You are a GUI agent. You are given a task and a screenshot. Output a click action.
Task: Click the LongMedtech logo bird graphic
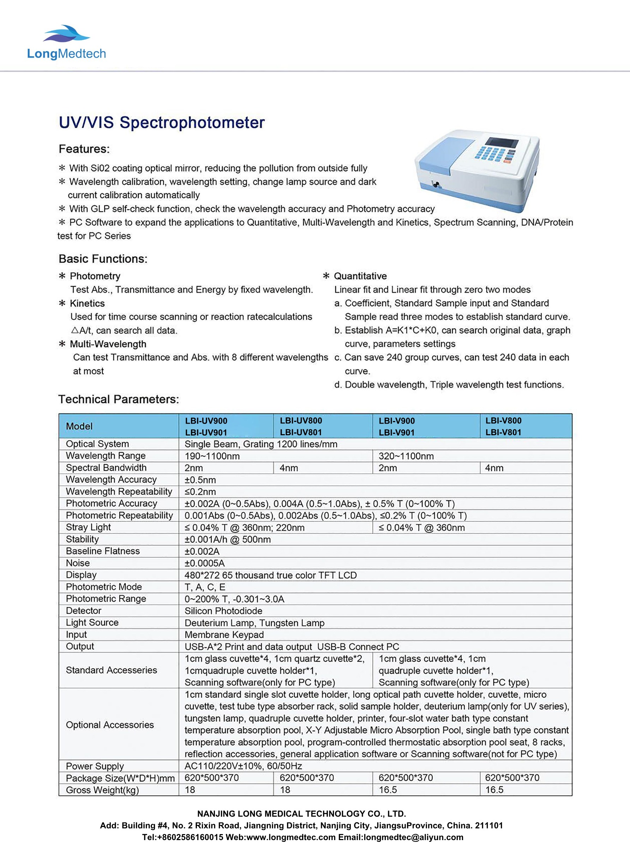(x=67, y=34)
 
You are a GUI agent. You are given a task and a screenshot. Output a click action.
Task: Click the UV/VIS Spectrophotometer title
(x=162, y=123)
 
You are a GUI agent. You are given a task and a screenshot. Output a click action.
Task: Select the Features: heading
(x=84, y=149)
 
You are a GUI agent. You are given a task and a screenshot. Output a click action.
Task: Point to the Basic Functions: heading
(x=103, y=259)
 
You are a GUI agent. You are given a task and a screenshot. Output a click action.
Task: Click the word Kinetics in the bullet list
(x=87, y=303)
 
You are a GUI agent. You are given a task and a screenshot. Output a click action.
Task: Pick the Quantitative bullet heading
(x=360, y=276)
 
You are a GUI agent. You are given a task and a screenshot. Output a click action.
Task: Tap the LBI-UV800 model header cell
(x=301, y=421)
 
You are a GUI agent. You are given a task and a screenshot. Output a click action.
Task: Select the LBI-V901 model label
(x=397, y=432)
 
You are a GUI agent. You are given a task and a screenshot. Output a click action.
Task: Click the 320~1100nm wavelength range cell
(x=406, y=456)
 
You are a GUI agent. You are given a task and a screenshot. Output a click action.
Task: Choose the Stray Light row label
(x=88, y=527)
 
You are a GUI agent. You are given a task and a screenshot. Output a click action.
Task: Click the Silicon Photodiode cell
(x=223, y=611)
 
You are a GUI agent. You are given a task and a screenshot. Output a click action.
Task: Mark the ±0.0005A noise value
(x=205, y=563)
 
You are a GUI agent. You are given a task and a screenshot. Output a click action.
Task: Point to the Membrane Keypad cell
(x=224, y=634)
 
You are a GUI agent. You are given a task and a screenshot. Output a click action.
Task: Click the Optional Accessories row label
(x=110, y=725)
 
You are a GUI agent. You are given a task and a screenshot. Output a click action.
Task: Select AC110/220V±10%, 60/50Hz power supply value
(x=243, y=766)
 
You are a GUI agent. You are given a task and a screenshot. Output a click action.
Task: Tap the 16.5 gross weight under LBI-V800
(x=494, y=790)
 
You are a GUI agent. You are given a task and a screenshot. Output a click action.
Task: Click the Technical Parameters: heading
(x=119, y=399)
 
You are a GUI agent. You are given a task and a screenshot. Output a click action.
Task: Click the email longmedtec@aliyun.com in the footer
(x=413, y=837)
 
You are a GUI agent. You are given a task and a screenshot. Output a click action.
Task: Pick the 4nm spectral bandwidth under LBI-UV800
(x=289, y=468)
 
